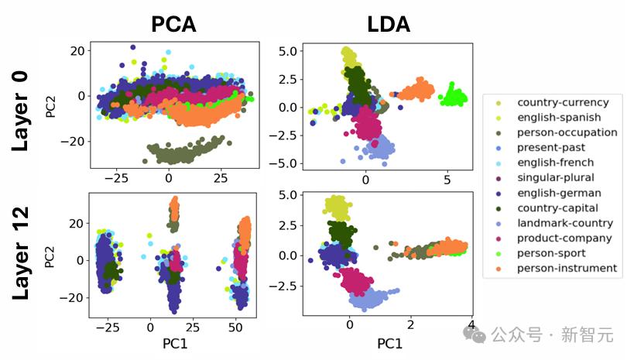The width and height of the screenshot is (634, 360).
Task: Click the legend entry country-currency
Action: click(x=562, y=103)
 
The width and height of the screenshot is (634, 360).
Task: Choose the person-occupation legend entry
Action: click(x=567, y=132)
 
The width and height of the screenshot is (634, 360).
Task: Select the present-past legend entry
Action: click(x=551, y=147)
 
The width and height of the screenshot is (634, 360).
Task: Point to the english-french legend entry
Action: click(x=556, y=163)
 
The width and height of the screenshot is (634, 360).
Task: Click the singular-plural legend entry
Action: click(x=556, y=177)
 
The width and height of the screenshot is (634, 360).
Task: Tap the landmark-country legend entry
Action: click(x=564, y=223)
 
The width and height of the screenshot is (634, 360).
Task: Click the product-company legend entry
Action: click(x=564, y=238)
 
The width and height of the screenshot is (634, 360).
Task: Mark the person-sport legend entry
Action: click(x=551, y=253)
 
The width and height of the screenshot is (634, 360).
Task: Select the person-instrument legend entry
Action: click(x=567, y=268)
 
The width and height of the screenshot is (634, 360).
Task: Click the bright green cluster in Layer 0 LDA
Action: click(x=452, y=98)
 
